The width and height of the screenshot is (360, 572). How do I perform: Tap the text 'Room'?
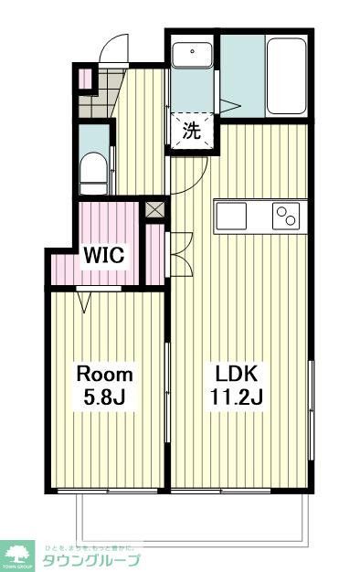click(104, 375)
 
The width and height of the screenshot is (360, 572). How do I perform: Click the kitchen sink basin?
click(231, 217)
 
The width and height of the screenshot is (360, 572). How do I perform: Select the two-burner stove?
click(286, 217)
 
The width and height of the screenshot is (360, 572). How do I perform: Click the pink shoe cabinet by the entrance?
click(85, 78)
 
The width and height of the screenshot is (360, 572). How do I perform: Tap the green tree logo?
click(18, 554)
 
